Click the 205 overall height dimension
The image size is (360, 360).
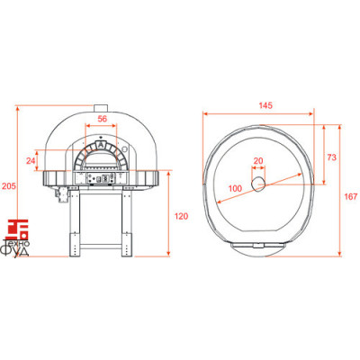coord(9,186)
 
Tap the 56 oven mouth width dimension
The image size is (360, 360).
coord(103,119)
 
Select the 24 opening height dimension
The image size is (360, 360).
coord(31,161)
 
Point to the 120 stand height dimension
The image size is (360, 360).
coord(181,216)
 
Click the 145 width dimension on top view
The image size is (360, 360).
coord(265,105)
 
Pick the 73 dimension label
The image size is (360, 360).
coord(331,157)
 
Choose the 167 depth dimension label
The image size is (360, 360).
coord(351,196)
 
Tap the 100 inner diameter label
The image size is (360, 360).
coord(235,188)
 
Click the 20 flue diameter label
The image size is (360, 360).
coord(258,161)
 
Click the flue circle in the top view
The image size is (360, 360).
coord(258,184)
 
